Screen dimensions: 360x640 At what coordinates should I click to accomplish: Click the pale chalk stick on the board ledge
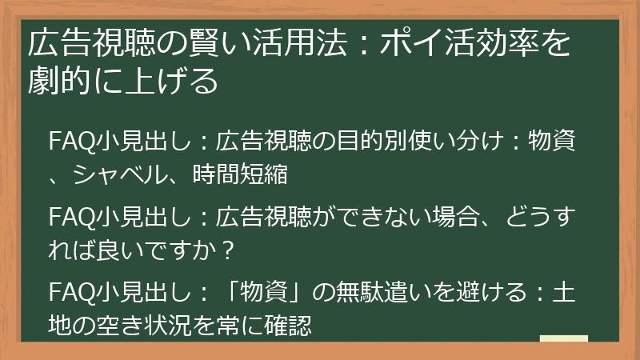click(565, 339)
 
